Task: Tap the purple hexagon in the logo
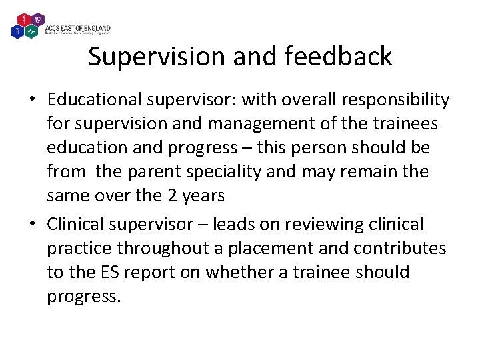[37, 19]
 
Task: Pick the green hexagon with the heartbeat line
[31, 31]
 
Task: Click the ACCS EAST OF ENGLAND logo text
[77, 29]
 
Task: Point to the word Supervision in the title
[157, 57]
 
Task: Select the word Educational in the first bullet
[93, 99]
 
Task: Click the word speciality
[226, 171]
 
